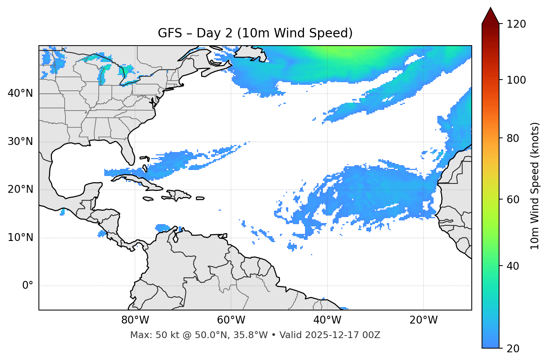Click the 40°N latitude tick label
click(x=20, y=93)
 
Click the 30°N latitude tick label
click(x=20, y=142)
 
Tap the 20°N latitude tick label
click(x=20, y=190)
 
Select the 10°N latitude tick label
click(x=20, y=238)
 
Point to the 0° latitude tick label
click(x=28, y=286)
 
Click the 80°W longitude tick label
click(x=135, y=320)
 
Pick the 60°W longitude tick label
click(x=231, y=320)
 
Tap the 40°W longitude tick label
click(x=327, y=320)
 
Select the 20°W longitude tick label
click(x=424, y=320)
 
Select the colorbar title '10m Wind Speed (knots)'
click(x=535, y=186)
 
